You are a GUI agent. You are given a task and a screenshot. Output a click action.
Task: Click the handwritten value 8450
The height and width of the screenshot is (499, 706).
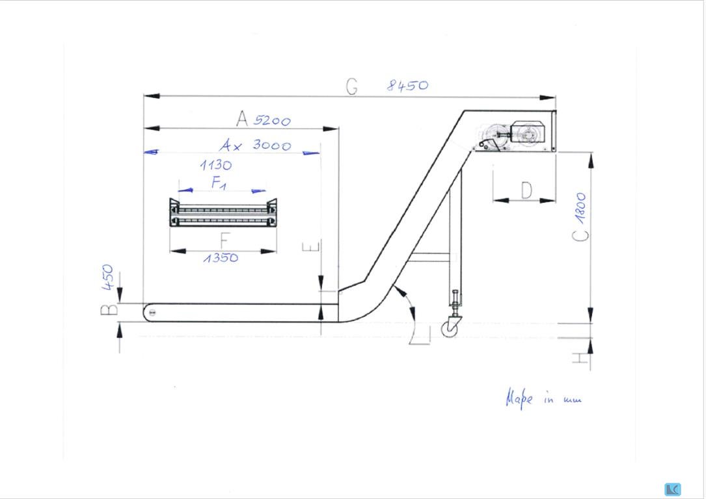coord(407,85)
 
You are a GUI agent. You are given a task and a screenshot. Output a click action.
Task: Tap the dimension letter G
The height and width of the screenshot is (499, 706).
coord(352,86)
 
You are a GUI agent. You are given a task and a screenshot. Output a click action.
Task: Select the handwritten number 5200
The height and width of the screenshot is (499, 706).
coord(272,120)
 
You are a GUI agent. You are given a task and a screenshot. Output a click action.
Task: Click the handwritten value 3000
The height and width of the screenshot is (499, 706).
coord(271,145)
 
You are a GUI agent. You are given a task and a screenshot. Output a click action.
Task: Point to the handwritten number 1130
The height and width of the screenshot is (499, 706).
coord(216,165)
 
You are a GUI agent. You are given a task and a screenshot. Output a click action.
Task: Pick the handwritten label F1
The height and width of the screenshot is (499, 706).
coord(219,183)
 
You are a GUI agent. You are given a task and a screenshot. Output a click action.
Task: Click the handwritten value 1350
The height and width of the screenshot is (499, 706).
coord(221,257)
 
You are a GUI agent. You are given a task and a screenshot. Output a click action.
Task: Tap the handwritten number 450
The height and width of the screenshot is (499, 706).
coord(107,277)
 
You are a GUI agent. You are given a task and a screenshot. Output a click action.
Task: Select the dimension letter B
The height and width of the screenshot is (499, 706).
coord(109,310)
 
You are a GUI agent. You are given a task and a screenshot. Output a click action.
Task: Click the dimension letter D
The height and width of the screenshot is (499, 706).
coord(526,190)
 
